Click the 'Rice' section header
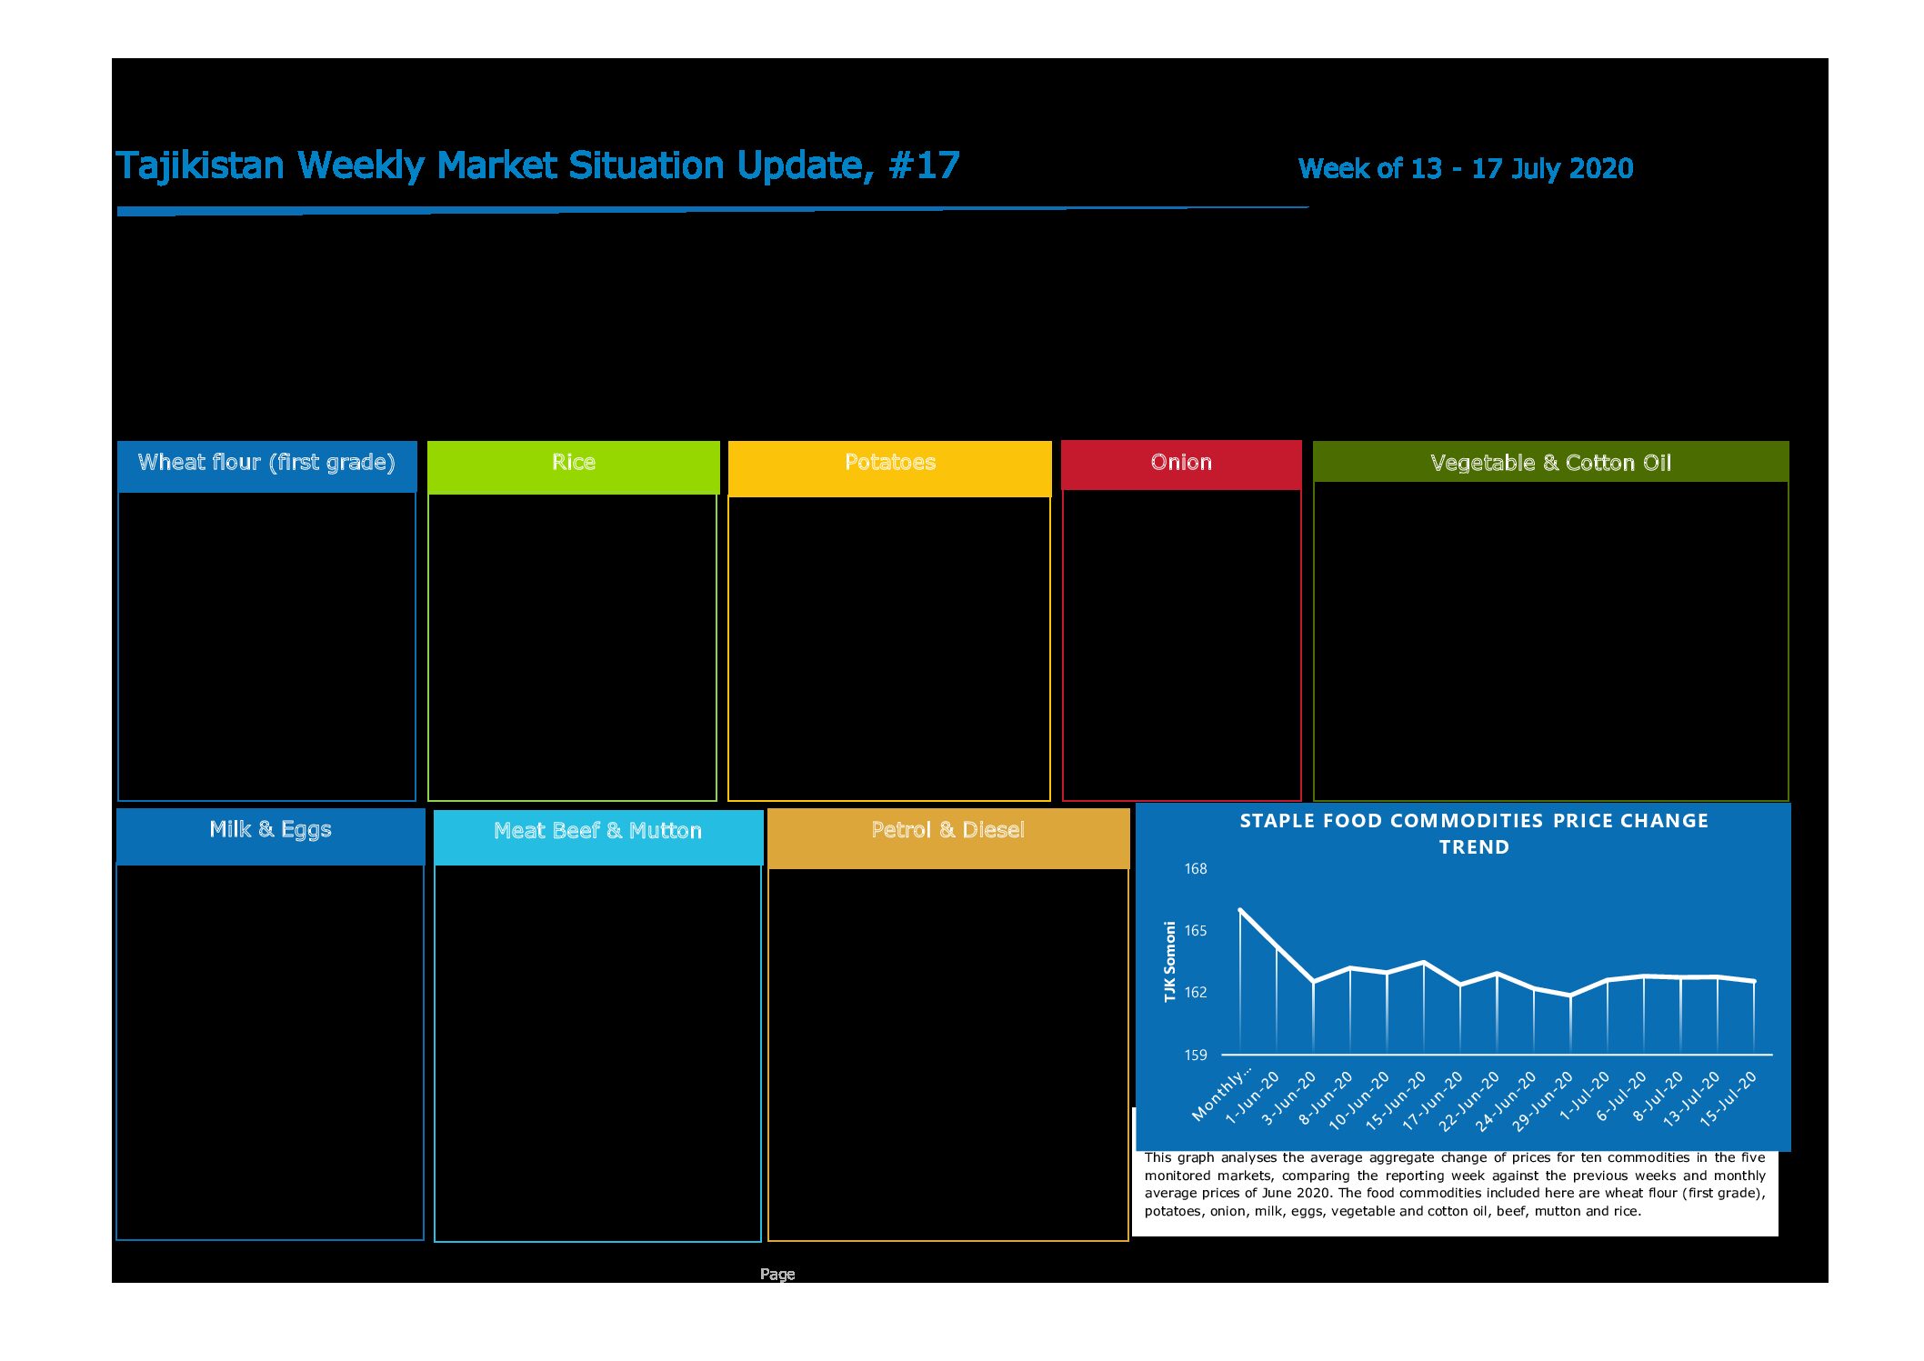coord(574,462)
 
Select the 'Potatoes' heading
coord(890,462)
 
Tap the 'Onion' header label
coord(1181,462)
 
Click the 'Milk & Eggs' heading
coord(270,829)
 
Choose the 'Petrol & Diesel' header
coord(947,829)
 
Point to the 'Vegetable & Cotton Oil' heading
coord(1550,463)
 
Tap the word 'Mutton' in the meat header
coord(666,830)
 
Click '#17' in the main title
coord(924,165)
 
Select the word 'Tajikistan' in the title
coord(200,166)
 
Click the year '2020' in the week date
coord(1601,168)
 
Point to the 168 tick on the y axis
coord(1196,869)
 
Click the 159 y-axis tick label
coord(1196,1055)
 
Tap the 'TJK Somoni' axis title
coord(1170,962)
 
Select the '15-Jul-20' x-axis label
coord(1729,1099)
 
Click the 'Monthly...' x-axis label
coord(1222,1094)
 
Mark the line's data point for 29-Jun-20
coord(1570,996)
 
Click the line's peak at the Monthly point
coord(1240,909)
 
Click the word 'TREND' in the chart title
coord(1474,847)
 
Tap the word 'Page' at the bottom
coord(777,1275)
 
